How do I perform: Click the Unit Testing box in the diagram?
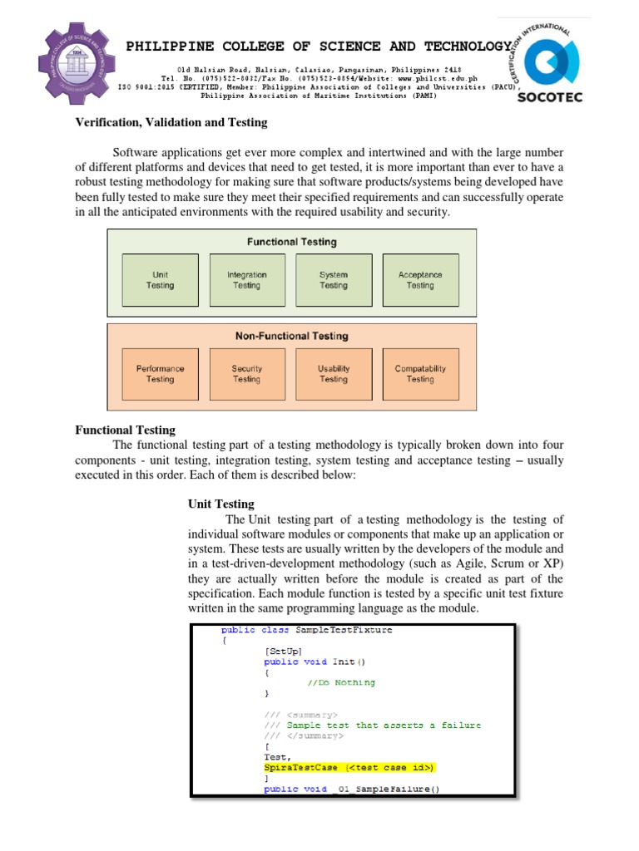tap(161, 280)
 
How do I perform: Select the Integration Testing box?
tap(247, 280)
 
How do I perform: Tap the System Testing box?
tap(334, 280)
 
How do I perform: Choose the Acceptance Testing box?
tap(420, 280)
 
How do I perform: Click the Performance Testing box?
tap(161, 374)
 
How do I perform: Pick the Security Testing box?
tap(247, 374)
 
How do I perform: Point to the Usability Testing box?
tap(334, 374)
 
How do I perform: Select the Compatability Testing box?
tap(420, 374)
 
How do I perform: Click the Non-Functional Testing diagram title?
tap(291, 337)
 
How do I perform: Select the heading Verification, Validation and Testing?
tap(171, 123)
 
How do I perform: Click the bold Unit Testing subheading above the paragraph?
tap(221, 504)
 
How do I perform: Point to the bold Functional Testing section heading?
tap(126, 430)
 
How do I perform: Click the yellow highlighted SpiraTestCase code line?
tap(349, 768)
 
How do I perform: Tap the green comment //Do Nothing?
tap(341, 682)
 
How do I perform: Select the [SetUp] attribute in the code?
tap(283, 651)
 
